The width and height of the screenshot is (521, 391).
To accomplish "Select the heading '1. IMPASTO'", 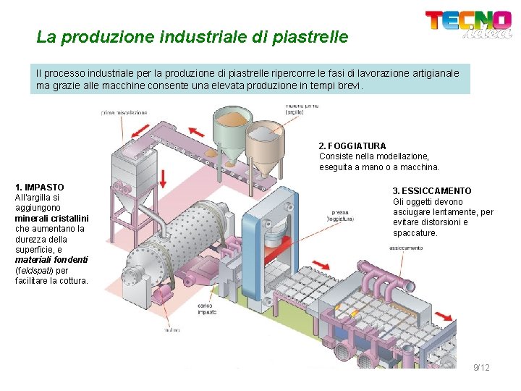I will point(39,187).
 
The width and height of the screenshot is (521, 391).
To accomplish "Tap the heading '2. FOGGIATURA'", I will point(352,146).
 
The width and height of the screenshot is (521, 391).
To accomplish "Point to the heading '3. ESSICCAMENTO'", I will point(432,191).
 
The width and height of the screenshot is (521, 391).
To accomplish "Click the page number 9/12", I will point(481,368).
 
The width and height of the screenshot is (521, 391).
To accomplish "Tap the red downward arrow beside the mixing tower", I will point(163,177).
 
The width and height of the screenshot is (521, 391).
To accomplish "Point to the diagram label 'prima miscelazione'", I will point(124,112).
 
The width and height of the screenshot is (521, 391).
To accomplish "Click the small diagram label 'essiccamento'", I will point(406,248).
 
